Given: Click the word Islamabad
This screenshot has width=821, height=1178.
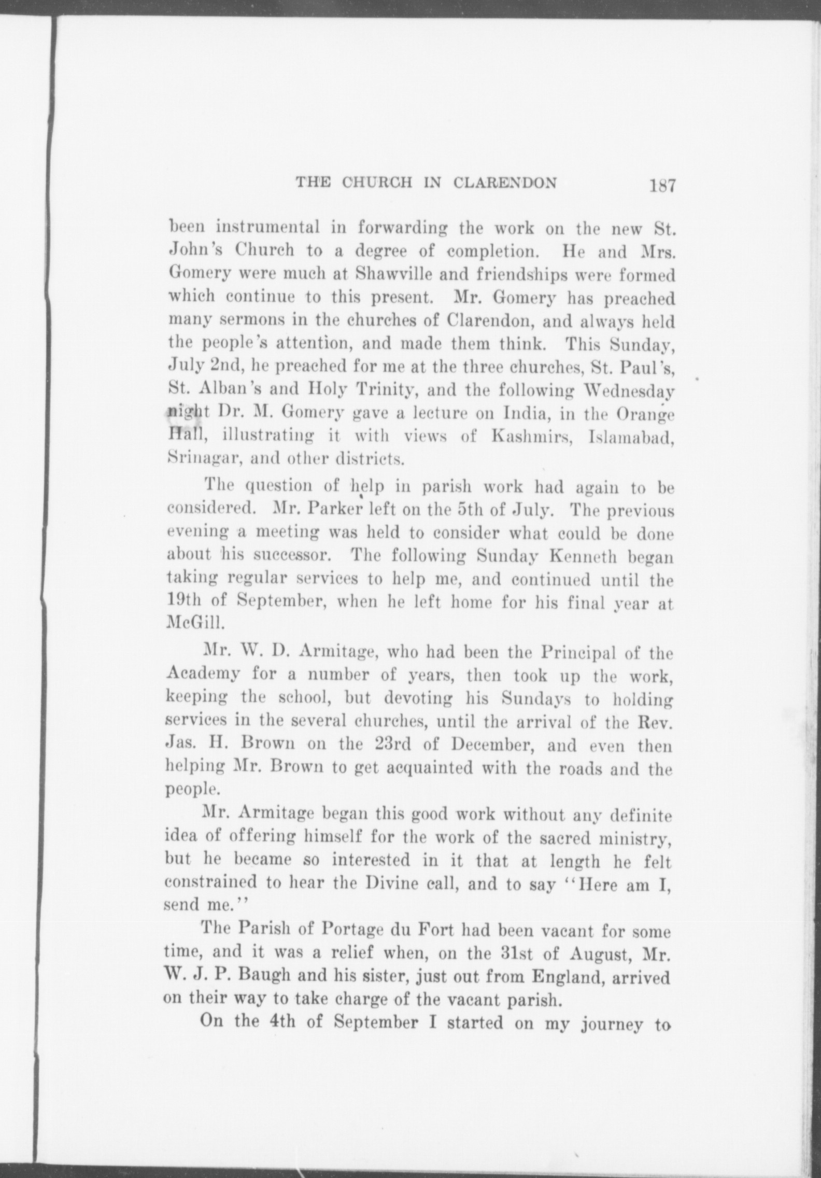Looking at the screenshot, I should (630, 437).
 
